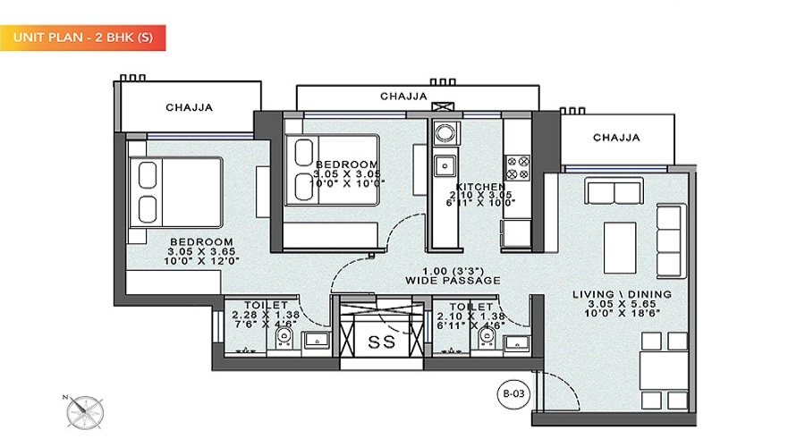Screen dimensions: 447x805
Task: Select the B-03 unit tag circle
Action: click(510, 390)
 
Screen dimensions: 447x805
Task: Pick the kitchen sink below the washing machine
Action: click(444, 166)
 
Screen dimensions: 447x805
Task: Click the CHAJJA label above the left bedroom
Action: click(189, 108)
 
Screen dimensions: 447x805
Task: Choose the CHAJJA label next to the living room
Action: click(616, 138)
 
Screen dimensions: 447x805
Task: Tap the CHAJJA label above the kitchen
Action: click(403, 96)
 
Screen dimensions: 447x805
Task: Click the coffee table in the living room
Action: click(619, 240)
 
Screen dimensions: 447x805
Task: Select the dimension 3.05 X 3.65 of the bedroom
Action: click(201, 251)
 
